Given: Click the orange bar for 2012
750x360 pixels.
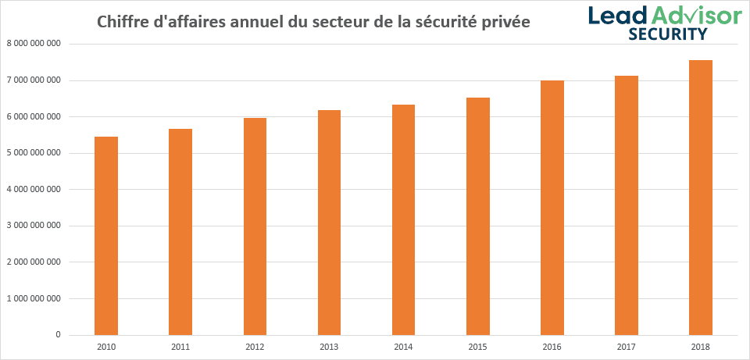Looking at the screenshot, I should point(255,226).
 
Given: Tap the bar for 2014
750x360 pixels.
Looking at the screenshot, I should point(403,219).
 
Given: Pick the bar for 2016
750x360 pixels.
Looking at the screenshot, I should point(552,208).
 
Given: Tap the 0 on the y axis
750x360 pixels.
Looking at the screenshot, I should point(58,335).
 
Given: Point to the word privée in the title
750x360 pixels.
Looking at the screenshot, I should point(505,22).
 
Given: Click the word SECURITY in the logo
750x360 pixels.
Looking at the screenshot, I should point(668,34).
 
